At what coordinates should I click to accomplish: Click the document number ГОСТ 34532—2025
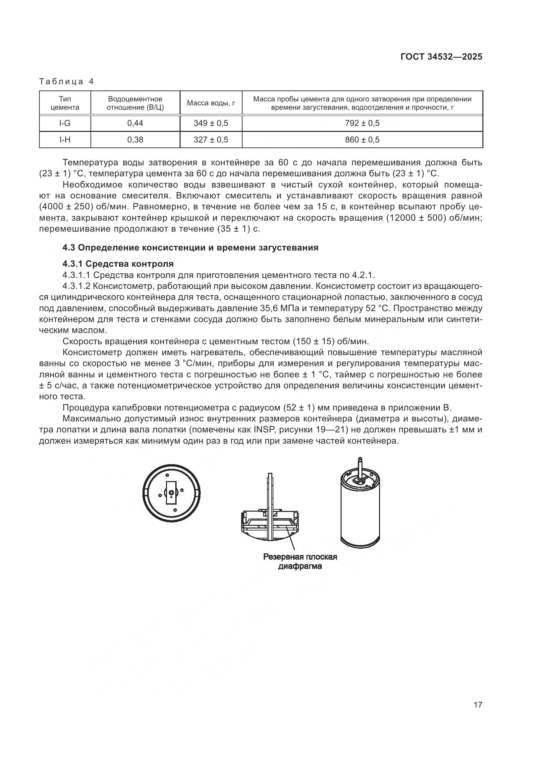[x=441, y=57]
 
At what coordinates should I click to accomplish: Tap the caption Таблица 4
[x=67, y=82]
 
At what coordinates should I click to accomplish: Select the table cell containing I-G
[x=65, y=123]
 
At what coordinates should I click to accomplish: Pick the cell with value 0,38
[x=135, y=140]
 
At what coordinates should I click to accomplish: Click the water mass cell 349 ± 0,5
[x=211, y=123]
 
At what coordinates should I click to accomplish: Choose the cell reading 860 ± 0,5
[x=362, y=140]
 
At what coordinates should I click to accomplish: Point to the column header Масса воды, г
[x=211, y=103]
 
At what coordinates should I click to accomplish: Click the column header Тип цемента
[x=65, y=103]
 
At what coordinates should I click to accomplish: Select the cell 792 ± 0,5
[x=362, y=123]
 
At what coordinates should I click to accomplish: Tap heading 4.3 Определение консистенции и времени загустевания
[x=190, y=248]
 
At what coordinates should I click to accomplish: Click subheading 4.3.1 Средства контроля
[x=118, y=264]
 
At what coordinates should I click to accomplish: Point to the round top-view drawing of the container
[x=171, y=493]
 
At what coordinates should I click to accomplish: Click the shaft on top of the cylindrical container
[x=360, y=465]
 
